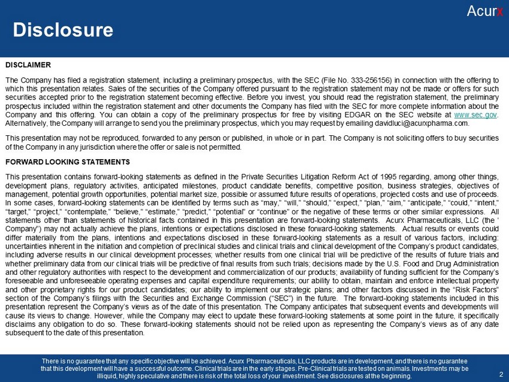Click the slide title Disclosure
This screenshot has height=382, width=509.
pos(63,29)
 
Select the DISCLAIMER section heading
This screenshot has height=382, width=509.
pos(28,64)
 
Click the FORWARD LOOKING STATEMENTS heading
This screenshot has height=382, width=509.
pos(67,162)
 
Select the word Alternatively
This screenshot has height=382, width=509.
pos(26,123)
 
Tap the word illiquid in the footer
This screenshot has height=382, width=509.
pos(109,377)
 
